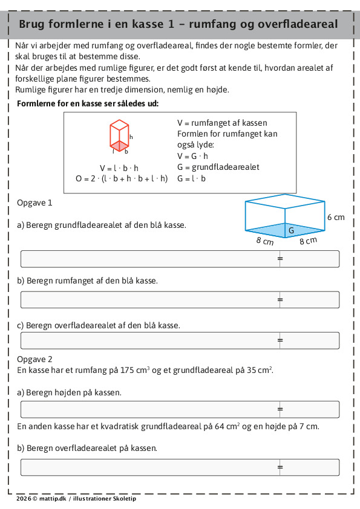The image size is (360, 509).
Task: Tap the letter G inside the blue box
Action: click(292, 230)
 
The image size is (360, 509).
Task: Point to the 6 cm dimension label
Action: click(336, 217)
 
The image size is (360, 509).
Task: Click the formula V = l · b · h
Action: click(119, 168)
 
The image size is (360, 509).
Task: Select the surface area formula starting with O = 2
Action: click(122, 178)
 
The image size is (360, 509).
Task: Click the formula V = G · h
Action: click(192, 156)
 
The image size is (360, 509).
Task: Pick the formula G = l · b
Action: click(191, 178)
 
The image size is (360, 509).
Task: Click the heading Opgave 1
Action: click(34, 203)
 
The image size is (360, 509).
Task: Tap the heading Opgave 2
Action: click(34, 359)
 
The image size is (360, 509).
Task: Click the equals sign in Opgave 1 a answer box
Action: click(280, 259)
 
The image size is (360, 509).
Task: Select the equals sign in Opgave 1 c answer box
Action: click(280, 340)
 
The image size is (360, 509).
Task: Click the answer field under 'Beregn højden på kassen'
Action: click(180, 409)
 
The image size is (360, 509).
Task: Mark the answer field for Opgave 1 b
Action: click(180, 300)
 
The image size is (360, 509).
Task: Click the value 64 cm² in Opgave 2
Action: click(227, 426)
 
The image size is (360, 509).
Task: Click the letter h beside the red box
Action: click(131, 137)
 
